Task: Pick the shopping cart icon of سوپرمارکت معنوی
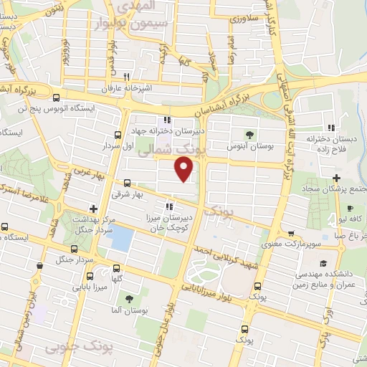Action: (x=291, y=232)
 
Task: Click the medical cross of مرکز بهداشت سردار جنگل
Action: (x=93, y=209)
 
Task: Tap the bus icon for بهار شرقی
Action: (x=128, y=183)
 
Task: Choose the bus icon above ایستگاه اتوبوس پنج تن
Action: (x=57, y=99)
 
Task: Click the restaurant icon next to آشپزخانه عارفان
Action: (x=126, y=76)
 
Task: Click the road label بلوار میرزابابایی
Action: (x=215, y=287)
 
